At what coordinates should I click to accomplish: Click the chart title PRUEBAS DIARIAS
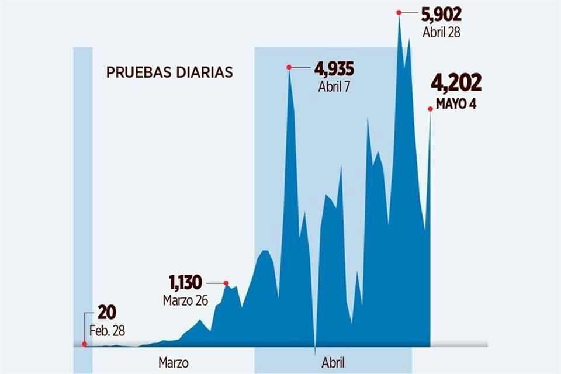pyautogui.click(x=169, y=72)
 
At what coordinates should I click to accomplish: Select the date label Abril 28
pyautogui.click(x=441, y=32)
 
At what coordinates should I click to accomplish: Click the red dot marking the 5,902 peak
pyautogui.click(x=399, y=12)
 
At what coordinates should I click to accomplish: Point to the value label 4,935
pyautogui.click(x=334, y=69)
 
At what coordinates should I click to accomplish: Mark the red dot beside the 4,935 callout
pyautogui.click(x=289, y=67)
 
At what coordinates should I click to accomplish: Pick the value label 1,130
pyautogui.click(x=185, y=283)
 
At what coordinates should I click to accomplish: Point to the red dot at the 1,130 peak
pyautogui.click(x=226, y=283)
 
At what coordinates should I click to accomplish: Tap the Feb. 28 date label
pyautogui.click(x=107, y=331)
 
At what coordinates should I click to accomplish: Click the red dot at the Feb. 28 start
pyautogui.click(x=85, y=344)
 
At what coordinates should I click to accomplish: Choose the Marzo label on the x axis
pyautogui.click(x=174, y=362)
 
